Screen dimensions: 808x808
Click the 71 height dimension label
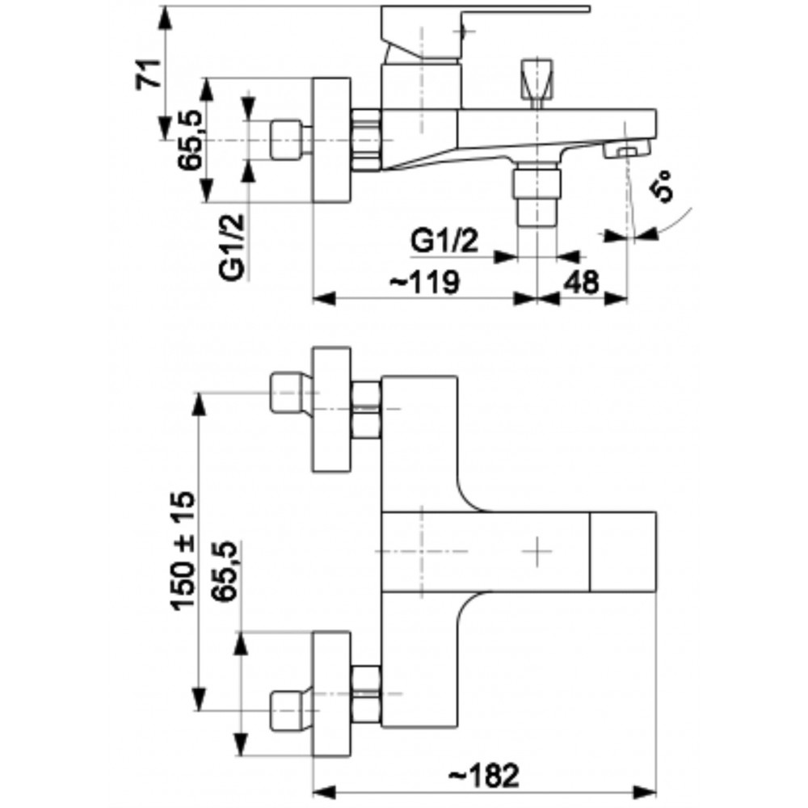[x=149, y=74]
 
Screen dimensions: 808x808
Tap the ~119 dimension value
[x=423, y=282]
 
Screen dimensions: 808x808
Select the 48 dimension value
[x=581, y=282]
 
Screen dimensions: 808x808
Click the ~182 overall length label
[x=484, y=775]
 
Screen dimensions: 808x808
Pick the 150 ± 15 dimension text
[x=183, y=551]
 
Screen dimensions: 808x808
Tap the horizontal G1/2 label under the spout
[x=444, y=241]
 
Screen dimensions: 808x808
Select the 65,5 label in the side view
[x=191, y=140]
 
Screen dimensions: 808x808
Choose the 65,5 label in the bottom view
[x=225, y=571]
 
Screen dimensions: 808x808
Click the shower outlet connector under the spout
[x=537, y=194]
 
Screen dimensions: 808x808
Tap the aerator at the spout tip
[x=627, y=150]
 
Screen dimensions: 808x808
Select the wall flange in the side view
[x=332, y=140]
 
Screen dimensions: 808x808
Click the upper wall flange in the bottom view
[x=332, y=409]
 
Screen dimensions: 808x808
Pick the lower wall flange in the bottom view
[x=332, y=694]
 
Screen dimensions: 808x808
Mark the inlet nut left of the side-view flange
[x=287, y=139]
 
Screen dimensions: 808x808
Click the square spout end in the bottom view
[x=623, y=551]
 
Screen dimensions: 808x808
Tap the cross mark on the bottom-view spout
[x=537, y=551]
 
